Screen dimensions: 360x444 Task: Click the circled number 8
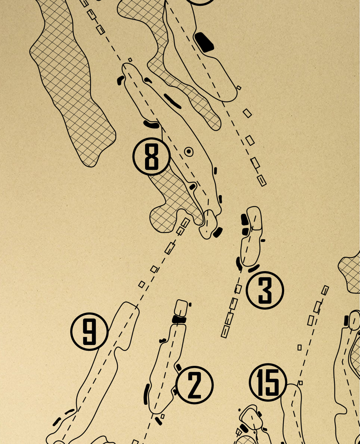[x=152, y=156]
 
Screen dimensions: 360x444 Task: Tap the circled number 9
[x=90, y=332]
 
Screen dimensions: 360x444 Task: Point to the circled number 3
[x=265, y=290]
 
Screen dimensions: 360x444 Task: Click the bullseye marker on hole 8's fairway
[x=189, y=152]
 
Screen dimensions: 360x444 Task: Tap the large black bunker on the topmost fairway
[x=204, y=42]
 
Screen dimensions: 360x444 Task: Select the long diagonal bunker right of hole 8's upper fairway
[x=172, y=101]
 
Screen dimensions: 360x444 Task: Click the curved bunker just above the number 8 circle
[x=152, y=125]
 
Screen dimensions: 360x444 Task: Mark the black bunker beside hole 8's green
[x=218, y=232]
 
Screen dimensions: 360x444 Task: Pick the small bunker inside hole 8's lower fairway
[x=193, y=187]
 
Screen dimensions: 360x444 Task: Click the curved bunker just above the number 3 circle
[x=254, y=269]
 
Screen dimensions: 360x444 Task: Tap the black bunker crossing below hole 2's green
[x=179, y=319]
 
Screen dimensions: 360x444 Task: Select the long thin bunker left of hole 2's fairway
[x=147, y=394]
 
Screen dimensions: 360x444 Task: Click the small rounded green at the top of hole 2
[x=181, y=308]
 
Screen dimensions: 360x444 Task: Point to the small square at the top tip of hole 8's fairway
[x=130, y=60]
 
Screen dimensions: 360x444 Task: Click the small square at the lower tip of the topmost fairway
[x=239, y=88]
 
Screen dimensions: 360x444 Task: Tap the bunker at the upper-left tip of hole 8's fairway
[x=121, y=80]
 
